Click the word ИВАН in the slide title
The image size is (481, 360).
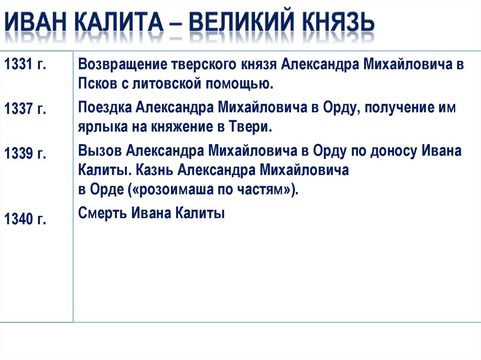coord(35,24)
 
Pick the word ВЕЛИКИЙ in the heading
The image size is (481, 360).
coord(244,24)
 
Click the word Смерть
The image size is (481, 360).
coord(102,214)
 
